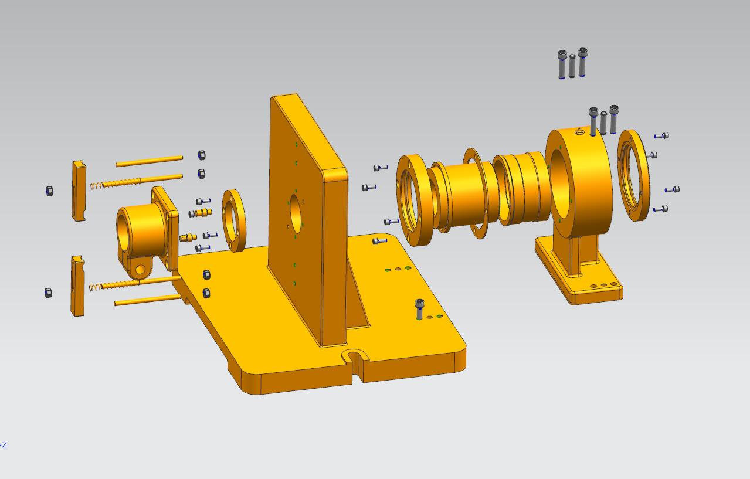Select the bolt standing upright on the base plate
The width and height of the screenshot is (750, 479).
(x=419, y=309)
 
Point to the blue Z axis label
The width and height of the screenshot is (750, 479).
(x=4, y=445)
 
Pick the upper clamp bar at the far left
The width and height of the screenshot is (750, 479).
(x=79, y=191)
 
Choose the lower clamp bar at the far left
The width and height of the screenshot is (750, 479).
(x=77, y=286)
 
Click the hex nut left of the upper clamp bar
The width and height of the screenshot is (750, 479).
(x=50, y=191)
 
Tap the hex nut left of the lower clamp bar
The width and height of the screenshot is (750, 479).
(x=48, y=293)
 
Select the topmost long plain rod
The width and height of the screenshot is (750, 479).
(x=150, y=161)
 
